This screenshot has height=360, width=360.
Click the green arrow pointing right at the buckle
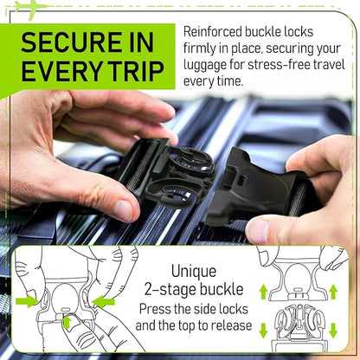[x=28, y=301]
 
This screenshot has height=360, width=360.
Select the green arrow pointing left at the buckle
[x=104, y=301]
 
